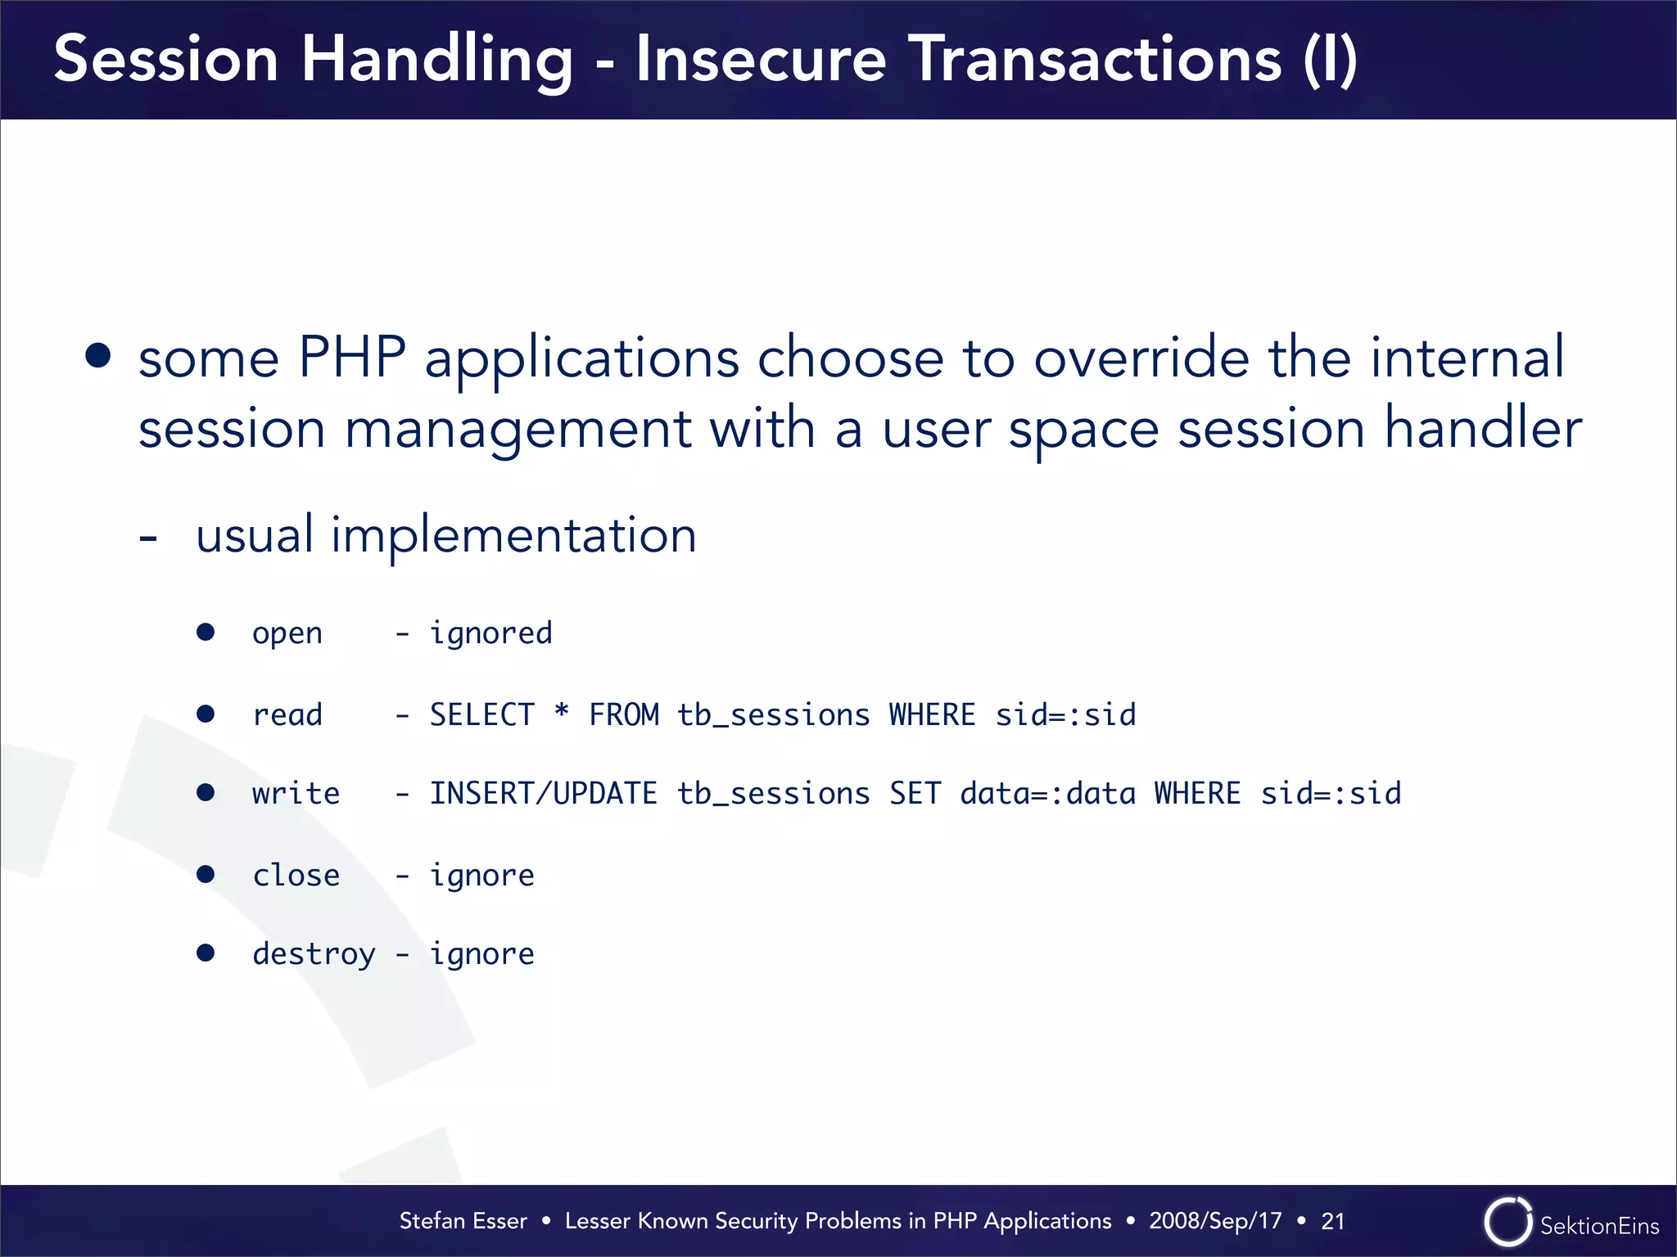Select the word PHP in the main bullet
tap(352, 358)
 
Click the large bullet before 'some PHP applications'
tap(98, 356)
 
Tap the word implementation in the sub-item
tap(513, 535)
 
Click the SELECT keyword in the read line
tap(481, 714)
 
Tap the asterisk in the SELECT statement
tap(562, 710)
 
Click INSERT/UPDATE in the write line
tap(543, 794)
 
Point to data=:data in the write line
tap(1047, 794)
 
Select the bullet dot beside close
tap(206, 875)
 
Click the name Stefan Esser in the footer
tap(463, 1221)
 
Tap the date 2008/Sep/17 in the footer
tap(1215, 1221)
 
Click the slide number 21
tap(1333, 1221)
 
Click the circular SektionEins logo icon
tap(1507, 1222)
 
